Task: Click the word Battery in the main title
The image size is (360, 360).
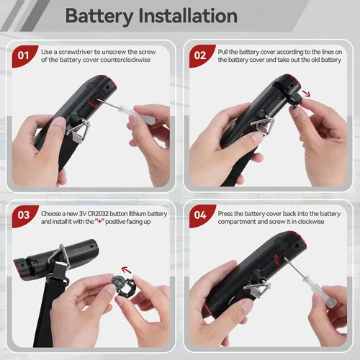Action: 99,16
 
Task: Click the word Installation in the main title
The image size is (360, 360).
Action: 188,16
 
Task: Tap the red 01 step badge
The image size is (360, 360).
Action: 24,56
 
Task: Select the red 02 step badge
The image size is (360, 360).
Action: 201,55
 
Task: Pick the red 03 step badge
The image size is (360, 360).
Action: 24,215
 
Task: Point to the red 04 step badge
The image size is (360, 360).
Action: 201,215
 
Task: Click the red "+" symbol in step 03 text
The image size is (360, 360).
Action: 99,222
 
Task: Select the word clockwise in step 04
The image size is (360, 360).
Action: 311,222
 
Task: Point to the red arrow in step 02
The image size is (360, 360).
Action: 306,94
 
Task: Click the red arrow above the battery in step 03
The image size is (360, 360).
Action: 126,270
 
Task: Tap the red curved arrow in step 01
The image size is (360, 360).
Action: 93,103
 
